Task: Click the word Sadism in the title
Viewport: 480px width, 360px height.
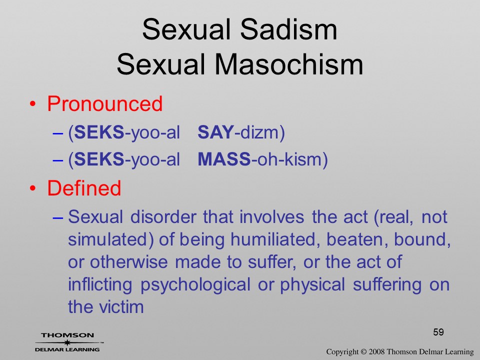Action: [288, 29]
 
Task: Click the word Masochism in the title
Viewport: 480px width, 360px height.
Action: [288, 64]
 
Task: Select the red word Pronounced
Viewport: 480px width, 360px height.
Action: [104, 104]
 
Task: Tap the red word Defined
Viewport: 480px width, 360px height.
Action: [84, 187]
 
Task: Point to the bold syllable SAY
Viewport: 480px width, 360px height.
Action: [215, 132]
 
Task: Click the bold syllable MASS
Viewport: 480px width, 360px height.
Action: [224, 159]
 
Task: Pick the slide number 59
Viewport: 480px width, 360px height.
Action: [438, 332]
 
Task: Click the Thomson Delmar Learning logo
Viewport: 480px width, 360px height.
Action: [67, 342]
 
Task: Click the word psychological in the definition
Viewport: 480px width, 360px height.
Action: [195, 284]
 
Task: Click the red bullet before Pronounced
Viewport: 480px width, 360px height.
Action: [33, 104]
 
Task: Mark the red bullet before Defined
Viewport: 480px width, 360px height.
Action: [33, 188]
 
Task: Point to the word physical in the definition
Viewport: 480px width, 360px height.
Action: [312, 284]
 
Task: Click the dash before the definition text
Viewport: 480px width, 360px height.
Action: [58, 217]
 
